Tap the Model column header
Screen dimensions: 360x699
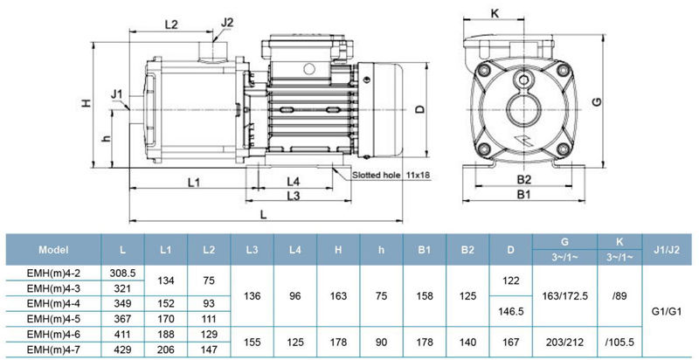coord(53,249)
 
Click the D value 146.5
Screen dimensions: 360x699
coord(511,311)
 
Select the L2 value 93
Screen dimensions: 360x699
coord(209,302)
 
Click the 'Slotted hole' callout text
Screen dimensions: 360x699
coord(376,175)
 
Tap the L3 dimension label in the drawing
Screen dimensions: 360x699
coord(294,195)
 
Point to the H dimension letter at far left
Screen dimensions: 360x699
coord(87,103)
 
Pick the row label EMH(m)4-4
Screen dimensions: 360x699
coord(53,302)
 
